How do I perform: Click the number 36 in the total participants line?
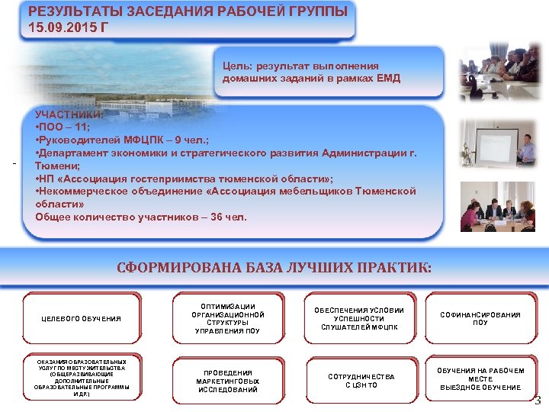point(217,217)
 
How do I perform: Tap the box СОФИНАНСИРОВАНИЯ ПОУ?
point(480,318)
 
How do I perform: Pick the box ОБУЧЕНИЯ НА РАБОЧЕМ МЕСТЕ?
point(480,378)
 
